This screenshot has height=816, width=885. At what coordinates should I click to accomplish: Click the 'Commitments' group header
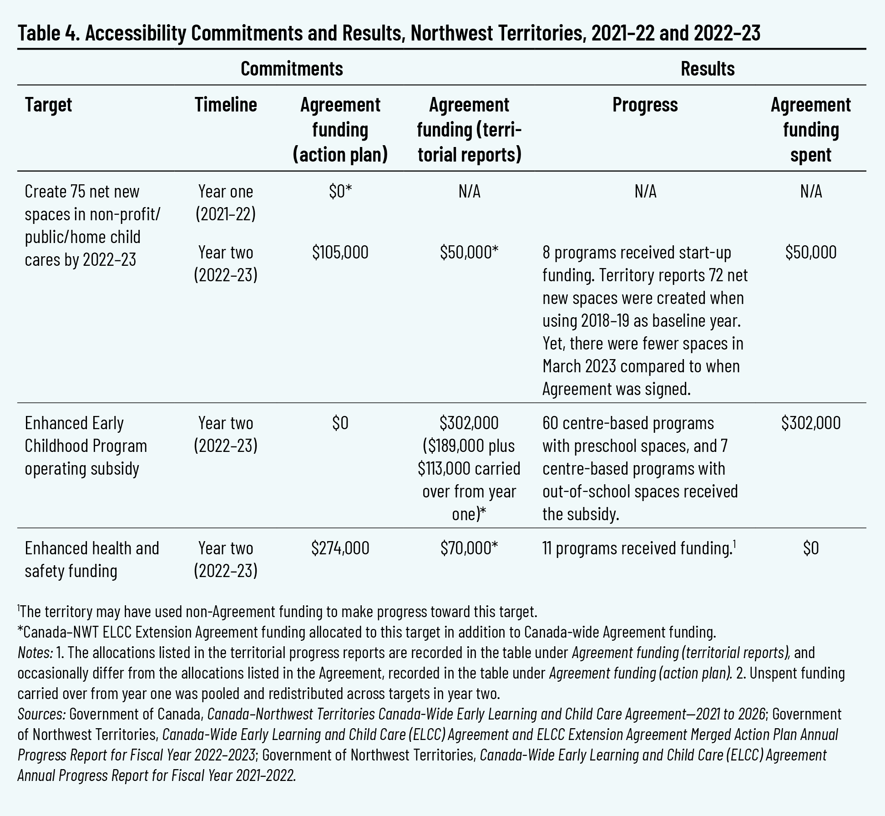point(292,69)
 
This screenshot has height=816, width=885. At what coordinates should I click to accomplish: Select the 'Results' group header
point(708,69)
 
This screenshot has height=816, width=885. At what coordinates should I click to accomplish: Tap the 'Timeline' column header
point(226,105)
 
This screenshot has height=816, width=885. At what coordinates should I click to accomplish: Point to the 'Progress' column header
point(645,105)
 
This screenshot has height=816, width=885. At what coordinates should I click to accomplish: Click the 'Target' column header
point(48,105)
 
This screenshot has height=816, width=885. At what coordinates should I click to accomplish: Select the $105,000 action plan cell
point(340,252)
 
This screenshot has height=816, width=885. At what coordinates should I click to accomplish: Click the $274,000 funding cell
point(340,548)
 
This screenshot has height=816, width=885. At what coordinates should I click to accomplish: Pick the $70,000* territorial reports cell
point(469,548)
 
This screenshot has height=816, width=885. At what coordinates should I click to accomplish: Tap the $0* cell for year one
point(340,192)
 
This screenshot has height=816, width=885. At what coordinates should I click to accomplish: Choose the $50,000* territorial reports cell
point(469,252)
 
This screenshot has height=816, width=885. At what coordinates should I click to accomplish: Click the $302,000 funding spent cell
point(811,423)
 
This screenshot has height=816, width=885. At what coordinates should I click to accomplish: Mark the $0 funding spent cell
point(811,548)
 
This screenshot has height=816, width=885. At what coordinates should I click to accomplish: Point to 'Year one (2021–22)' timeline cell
point(226,203)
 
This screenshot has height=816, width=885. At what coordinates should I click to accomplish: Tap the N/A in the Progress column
point(645,192)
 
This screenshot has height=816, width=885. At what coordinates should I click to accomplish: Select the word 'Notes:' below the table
point(35,653)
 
